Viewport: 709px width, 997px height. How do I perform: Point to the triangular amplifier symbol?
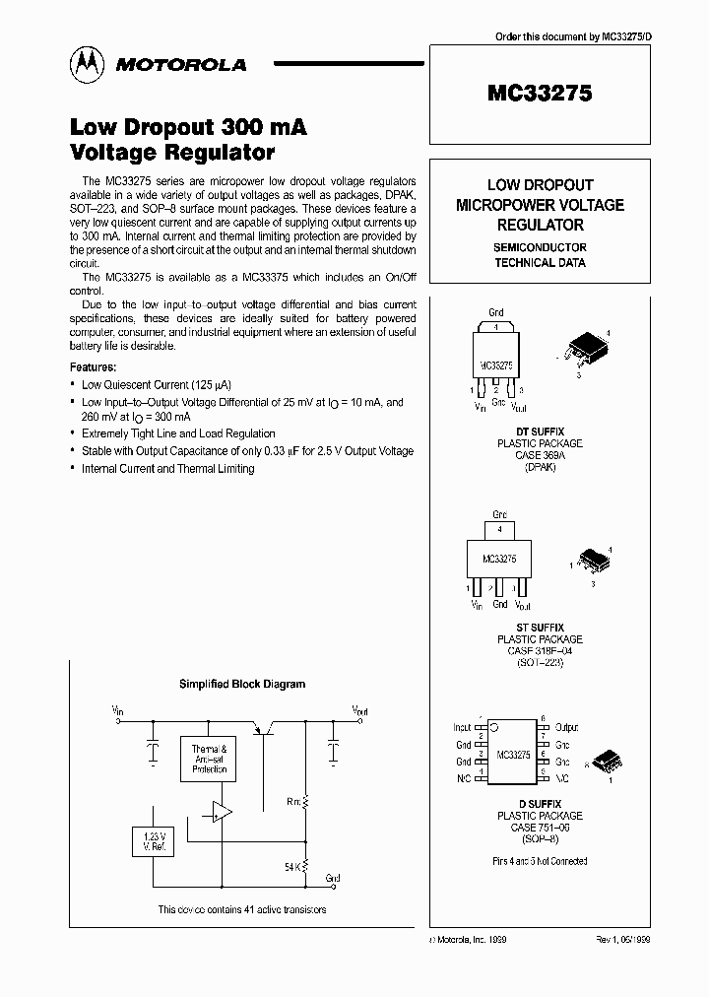tap(222, 812)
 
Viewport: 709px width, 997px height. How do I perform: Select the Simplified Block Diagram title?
tap(241, 684)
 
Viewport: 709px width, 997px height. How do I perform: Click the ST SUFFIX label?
tap(539, 628)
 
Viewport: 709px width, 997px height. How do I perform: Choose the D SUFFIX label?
tap(539, 805)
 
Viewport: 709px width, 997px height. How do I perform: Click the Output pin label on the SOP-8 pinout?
tap(566, 728)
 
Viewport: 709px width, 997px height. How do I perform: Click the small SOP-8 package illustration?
tap(606, 762)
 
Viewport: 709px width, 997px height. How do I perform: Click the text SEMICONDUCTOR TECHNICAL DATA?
tap(540, 255)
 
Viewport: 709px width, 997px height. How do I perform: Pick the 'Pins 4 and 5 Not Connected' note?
tap(540, 861)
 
